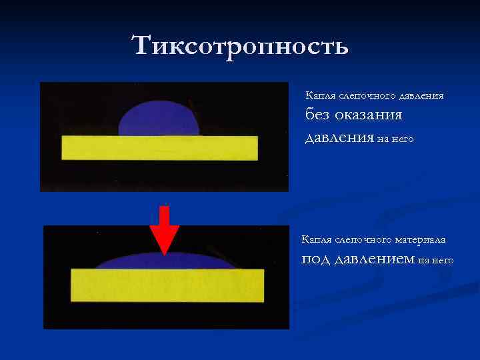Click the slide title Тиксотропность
[240, 46]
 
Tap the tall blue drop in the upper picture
[159, 119]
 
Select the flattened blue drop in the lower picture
[167, 263]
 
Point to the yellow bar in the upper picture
[159, 148]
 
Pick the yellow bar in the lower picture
[167, 285]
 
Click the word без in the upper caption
[318, 115]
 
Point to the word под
[315, 259]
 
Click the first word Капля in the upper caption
[319, 96]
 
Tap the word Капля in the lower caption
[315, 239]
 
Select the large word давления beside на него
[339, 137]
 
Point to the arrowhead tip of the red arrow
[164, 253]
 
